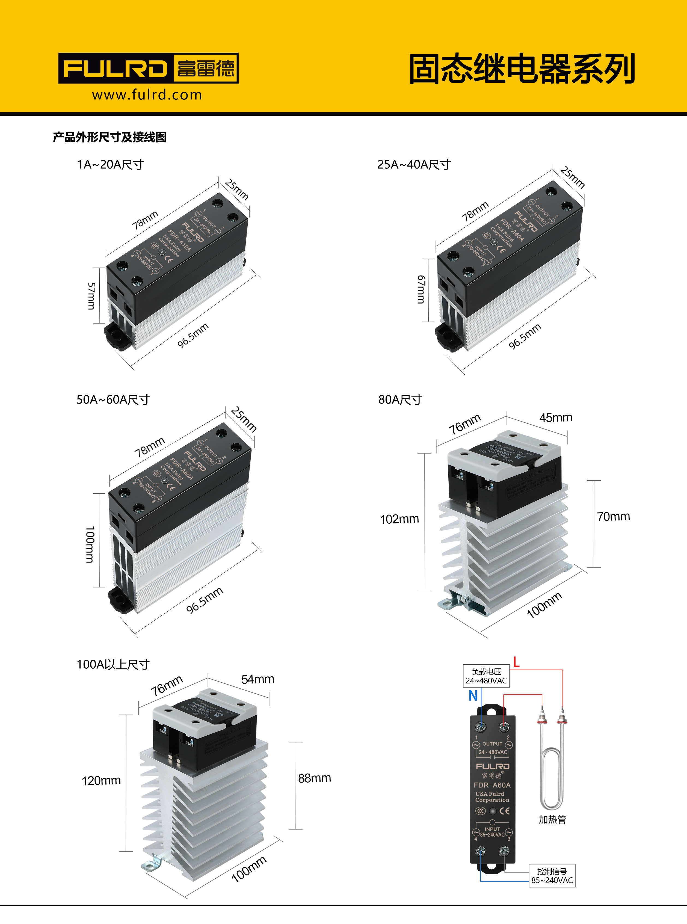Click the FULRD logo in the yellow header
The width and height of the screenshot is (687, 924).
(x=148, y=68)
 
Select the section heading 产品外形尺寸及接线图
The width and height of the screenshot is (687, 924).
(x=110, y=137)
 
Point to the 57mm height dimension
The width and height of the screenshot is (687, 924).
(x=91, y=296)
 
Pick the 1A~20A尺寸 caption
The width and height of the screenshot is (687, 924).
(x=110, y=165)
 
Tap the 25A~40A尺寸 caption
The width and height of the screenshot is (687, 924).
(x=414, y=165)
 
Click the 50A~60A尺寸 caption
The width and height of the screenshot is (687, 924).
(x=113, y=400)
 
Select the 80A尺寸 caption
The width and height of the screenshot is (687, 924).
(x=400, y=400)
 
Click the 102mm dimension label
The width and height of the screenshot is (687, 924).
(x=399, y=519)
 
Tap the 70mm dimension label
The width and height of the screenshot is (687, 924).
(x=613, y=517)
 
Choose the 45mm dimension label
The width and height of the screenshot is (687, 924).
(x=556, y=417)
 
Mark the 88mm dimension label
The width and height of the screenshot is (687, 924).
(x=314, y=778)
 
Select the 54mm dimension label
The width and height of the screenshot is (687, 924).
(x=257, y=679)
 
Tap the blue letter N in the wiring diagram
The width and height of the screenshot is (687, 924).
(x=473, y=696)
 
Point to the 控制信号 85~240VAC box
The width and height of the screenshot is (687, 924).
(x=552, y=875)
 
